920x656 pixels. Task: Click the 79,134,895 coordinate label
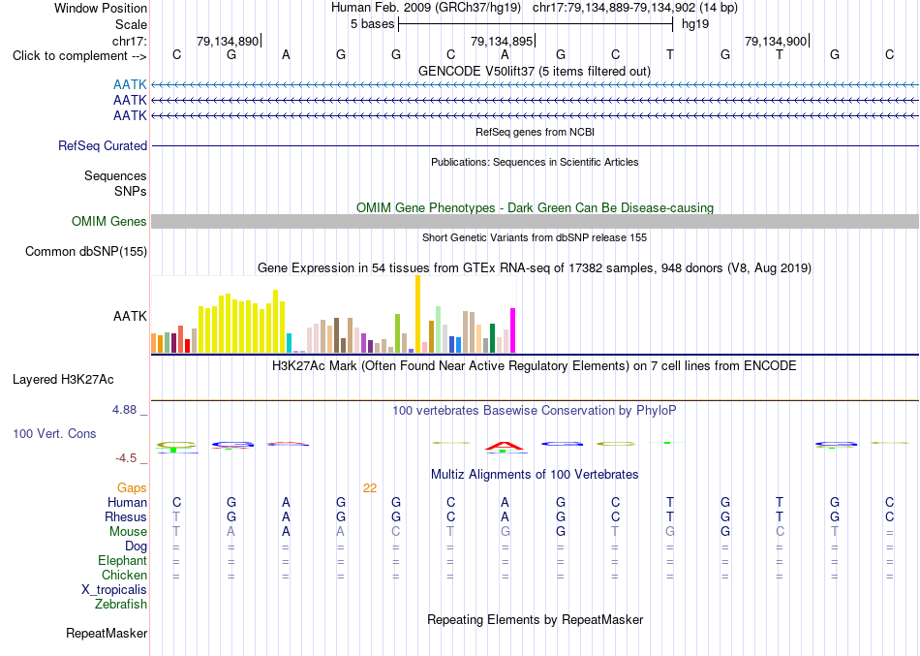[502, 41]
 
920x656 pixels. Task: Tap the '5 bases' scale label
[373, 24]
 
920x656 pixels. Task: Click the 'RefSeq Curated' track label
[103, 145]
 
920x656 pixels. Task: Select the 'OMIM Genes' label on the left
[109, 221]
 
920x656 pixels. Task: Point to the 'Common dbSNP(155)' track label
[86, 251]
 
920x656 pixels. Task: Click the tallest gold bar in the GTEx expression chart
[417, 314]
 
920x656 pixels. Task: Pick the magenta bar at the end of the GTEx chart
[513, 330]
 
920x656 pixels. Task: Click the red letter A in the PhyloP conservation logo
[505, 447]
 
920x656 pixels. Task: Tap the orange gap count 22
[370, 488]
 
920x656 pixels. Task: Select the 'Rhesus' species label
[126, 516]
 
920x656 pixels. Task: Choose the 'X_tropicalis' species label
[114, 590]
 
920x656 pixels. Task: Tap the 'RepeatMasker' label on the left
[107, 633]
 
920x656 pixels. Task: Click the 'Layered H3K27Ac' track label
[63, 380]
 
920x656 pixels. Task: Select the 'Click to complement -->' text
[79, 56]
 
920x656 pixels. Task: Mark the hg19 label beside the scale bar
[695, 24]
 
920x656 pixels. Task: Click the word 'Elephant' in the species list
[122, 561]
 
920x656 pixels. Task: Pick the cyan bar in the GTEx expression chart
[289, 343]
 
